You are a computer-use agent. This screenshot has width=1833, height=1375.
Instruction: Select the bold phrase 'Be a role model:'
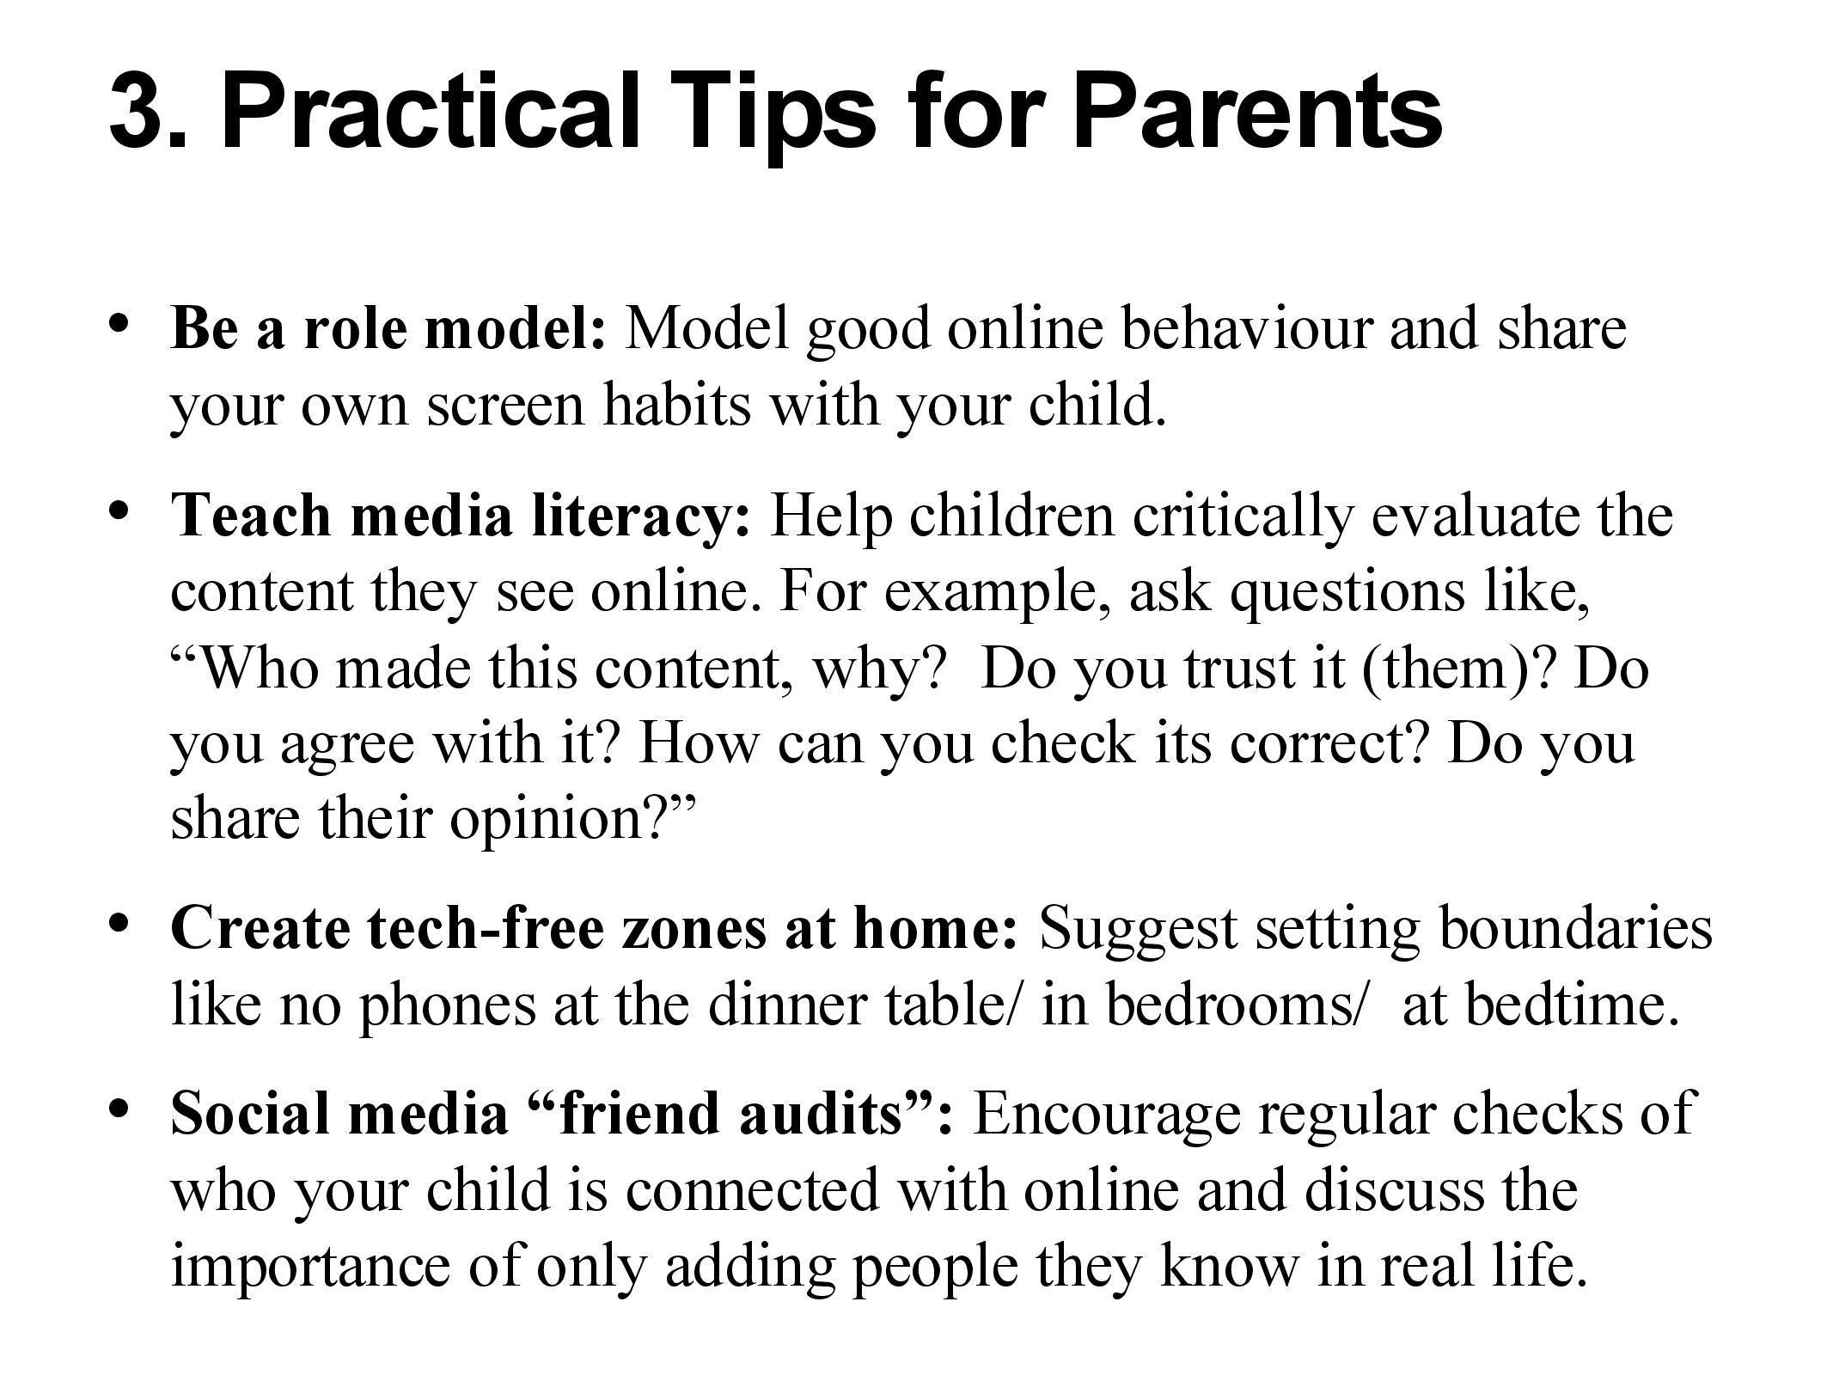point(389,328)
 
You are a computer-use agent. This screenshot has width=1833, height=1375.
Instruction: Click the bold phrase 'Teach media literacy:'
point(461,516)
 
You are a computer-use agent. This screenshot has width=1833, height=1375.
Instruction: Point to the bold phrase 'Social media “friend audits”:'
point(562,1114)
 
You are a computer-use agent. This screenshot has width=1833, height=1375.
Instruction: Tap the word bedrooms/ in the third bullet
point(1234,1004)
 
